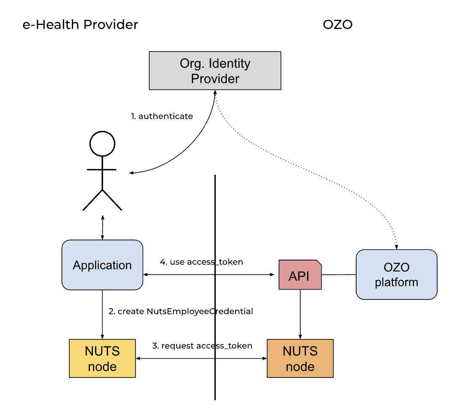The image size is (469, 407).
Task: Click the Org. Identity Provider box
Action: (215, 71)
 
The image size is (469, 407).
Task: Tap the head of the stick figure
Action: (102, 144)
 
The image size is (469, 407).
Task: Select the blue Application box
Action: (102, 265)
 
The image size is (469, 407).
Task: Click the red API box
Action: (300, 275)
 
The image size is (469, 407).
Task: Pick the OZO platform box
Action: (396, 274)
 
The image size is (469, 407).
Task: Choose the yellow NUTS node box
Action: (102, 358)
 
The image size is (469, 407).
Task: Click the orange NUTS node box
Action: (300, 358)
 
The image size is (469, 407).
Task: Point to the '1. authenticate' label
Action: (162, 116)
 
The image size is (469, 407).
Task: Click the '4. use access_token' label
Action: (202, 262)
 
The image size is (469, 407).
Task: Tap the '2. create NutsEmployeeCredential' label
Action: (181, 312)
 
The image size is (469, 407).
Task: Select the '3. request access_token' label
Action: (202, 346)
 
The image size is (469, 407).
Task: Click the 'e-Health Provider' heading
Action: (80, 24)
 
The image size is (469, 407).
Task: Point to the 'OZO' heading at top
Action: (338, 24)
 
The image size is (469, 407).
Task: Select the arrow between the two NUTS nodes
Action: (177, 358)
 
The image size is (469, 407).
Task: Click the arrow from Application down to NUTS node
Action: (102, 314)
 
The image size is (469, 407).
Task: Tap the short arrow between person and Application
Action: (102, 227)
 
